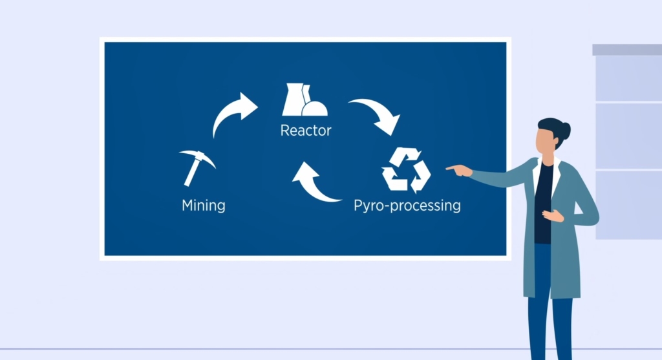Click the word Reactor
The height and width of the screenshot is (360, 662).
[x=306, y=131]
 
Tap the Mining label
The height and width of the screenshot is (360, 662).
[x=204, y=206]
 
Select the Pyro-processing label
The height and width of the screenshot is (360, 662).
[x=407, y=206]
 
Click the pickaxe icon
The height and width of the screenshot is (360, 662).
[x=197, y=167]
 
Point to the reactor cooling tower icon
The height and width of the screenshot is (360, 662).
[x=304, y=100]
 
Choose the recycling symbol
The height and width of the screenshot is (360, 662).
[x=406, y=170]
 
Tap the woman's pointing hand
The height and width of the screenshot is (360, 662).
[x=460, y=171]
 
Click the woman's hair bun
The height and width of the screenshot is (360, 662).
[x=565, y=130]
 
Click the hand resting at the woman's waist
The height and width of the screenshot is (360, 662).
[x=553, y=216]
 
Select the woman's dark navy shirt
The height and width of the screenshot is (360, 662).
[x=543, y=202]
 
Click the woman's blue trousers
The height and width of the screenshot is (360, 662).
[x=549, y=304]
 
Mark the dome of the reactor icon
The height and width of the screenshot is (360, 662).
[x=315, y=109]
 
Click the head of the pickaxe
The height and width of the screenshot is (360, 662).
[x=198, y=156]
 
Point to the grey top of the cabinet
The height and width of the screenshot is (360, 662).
[x=627, y=50]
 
